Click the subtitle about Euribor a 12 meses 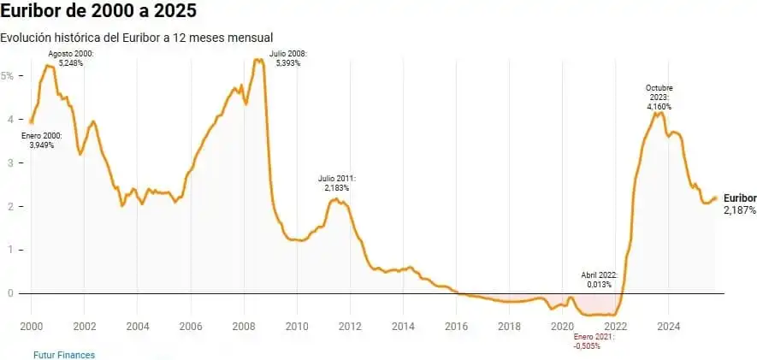click(137, 38)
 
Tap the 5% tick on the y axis click(8, 75)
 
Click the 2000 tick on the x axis click(32, 327)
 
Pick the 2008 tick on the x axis click(244, 327)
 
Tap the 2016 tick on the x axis click(456, 327)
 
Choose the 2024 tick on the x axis click(668, 327)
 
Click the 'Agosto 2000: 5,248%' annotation click(71, 58)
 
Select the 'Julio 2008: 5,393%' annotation click(287, 58)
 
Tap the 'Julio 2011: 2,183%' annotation click(337, 183)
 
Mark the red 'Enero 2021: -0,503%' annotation click(594, 341)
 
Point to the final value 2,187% click(740, 210)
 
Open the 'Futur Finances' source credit click(64, 354)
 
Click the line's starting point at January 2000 click(32, 121)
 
